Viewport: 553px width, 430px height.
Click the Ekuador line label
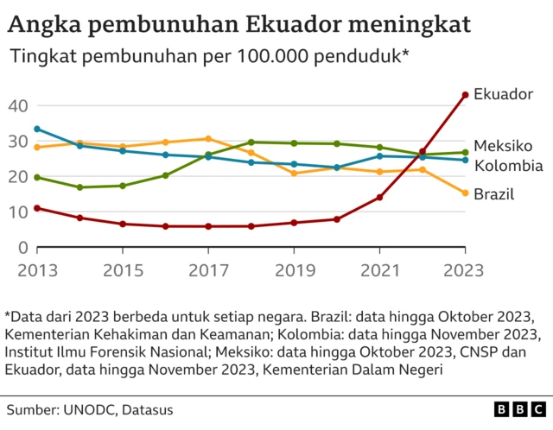pos(504,94)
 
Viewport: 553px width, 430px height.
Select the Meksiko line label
pos(503,145)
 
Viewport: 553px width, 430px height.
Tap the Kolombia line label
pos(508,165)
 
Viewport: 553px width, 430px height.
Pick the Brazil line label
pos(494,194)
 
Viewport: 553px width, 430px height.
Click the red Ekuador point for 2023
pos(465,95)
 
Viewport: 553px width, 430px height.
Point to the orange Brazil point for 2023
pos(465,193)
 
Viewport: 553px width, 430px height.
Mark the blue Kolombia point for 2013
pos(37,129)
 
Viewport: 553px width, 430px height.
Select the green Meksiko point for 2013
pos(37,177)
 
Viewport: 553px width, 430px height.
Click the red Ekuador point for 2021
pos(379,197)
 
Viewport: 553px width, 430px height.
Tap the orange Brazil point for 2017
pos(208,138)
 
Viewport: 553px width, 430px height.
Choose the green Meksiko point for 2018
pos(251,142)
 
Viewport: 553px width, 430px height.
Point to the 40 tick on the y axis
pos(19,105)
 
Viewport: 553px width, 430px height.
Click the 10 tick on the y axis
pos(19,212)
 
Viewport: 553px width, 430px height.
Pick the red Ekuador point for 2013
pos(37,208)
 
